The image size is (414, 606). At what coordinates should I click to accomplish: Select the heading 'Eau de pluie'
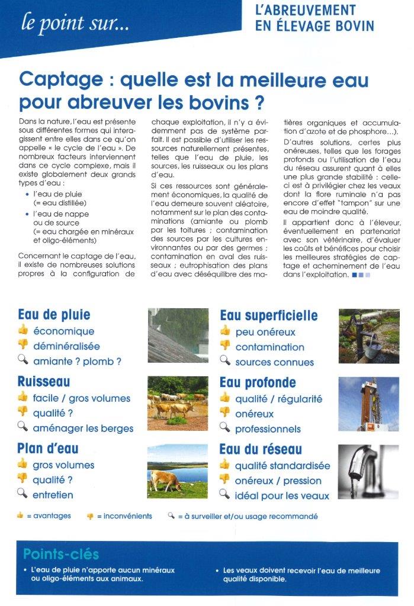pyautogui.click(x=54, y=314)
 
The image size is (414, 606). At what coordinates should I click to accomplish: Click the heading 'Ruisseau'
pyautogui.click(x=44, y=382)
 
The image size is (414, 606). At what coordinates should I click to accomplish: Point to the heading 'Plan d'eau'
pyautogui.click(x=48, y=449)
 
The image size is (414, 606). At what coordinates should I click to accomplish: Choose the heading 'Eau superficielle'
pyautogui.click(x=268, y=315)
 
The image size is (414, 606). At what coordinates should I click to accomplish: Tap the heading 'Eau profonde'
pyautogui.click(x=258, y=382)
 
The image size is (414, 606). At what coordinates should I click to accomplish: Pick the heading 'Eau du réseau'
pyautogui.click(x=261, y=449)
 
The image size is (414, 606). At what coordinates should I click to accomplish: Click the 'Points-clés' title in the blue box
pyautogui.click(x=61, y=555)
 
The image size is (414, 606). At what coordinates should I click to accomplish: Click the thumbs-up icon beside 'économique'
pyautogui.click(x=23, y=330)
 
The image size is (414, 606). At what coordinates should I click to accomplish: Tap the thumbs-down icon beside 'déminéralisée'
pyautogui.click(x=23, y=345)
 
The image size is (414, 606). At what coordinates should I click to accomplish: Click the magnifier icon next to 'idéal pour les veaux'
pyautogui.click(x=224, y=494)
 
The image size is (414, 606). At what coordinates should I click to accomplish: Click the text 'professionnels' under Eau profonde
pyautogui.click(x=268, y=429)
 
